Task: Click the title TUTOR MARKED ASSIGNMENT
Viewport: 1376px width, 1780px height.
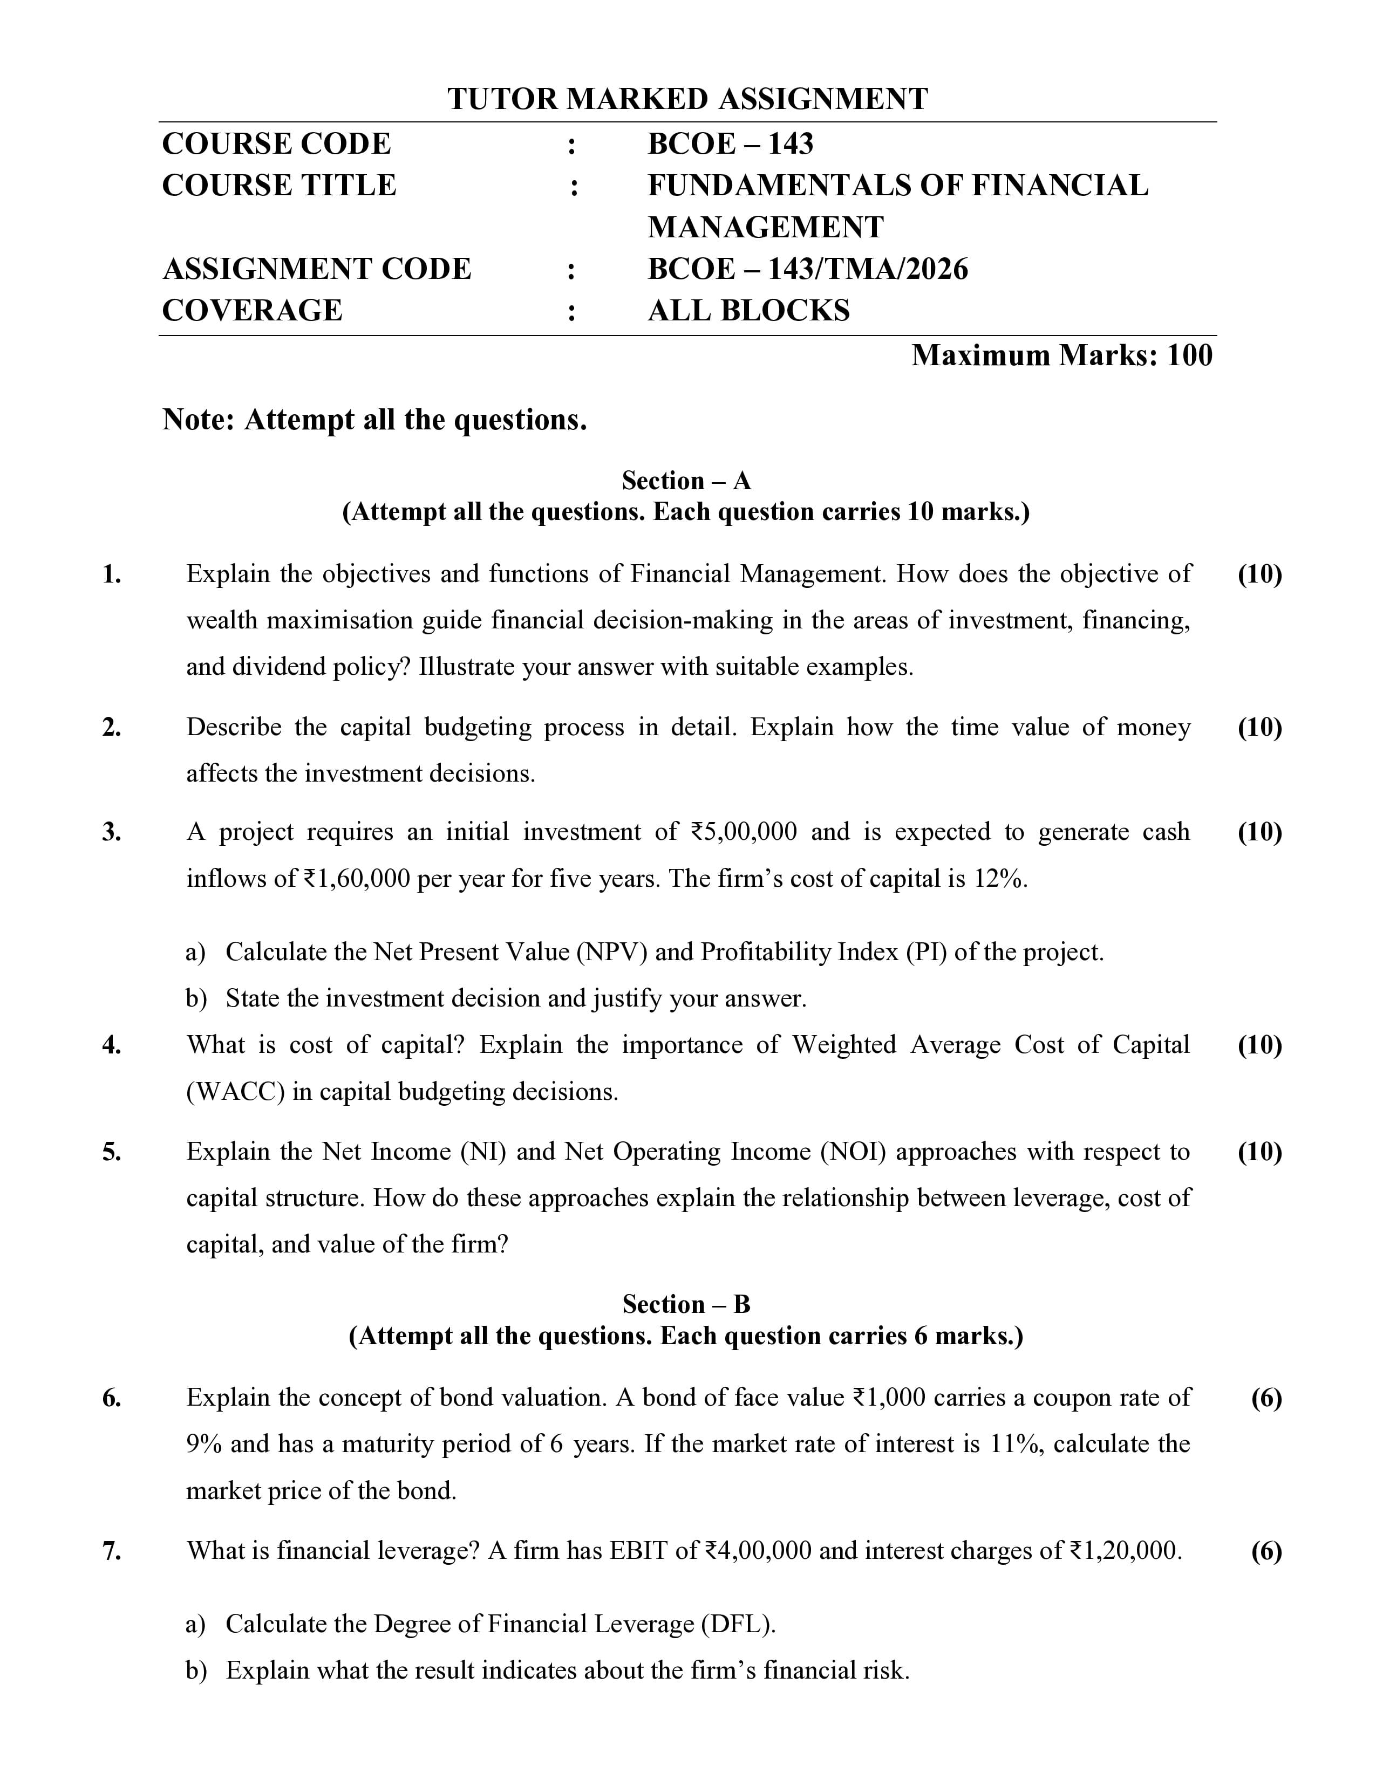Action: tap(687, 99)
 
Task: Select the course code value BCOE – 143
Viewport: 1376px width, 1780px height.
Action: tap(731, 144)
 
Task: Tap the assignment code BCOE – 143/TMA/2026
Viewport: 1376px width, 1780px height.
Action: tap(807, 269)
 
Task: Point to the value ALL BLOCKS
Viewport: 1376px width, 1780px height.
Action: tap(748, 311)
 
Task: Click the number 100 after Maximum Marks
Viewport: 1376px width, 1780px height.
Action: tap(1189, 355)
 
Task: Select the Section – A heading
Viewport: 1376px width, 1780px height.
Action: tap(686, 481)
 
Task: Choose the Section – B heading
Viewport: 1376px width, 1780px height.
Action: tap(686, 1305)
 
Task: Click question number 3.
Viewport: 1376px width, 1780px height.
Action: tap(112, 832)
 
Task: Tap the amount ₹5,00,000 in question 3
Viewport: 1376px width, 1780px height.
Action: tap(744, 832)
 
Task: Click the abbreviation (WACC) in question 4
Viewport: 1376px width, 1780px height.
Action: tap(236, 1091)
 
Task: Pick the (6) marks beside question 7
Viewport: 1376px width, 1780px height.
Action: tap(1266, 1551)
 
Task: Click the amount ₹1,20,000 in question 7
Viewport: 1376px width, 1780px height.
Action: tap(1125, 1551)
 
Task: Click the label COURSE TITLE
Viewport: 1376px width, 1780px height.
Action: tap(279, 186)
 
